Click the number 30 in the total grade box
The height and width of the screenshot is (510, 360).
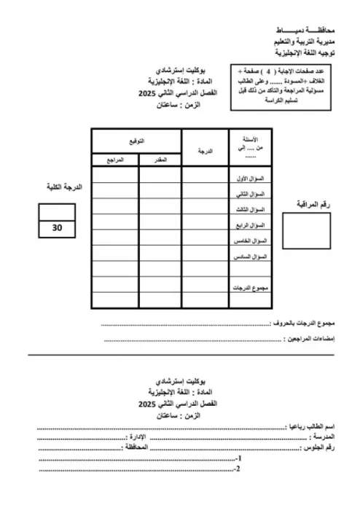(x=58, y=228)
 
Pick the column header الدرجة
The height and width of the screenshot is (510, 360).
(x=205, y=152)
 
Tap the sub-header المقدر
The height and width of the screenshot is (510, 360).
(x=158, y=158)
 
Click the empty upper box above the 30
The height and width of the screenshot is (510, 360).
(x=58, y=211)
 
